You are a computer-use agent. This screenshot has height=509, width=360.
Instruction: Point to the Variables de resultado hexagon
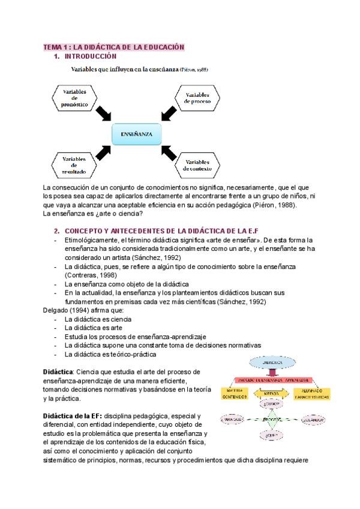(74, 165)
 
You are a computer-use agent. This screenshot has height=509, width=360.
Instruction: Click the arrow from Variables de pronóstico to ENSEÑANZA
(107, 112)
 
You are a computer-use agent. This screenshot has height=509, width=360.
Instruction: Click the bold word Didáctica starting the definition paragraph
(58, 372)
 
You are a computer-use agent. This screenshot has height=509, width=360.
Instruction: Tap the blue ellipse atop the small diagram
(273, 364)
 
